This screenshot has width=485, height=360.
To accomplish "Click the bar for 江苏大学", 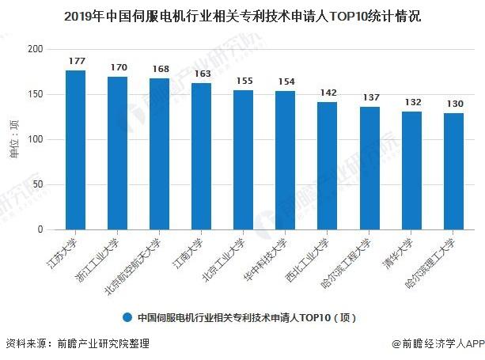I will tap(75, 150).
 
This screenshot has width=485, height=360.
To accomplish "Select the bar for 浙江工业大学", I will tap(117, 153).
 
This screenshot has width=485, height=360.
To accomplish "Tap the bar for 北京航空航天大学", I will tap(159, 154).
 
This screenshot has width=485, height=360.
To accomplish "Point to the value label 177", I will tap(76, 61).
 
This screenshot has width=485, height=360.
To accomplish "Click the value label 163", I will tap(202, 74).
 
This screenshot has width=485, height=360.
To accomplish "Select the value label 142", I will tap(328, 93).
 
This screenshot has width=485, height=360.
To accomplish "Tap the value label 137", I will tap(369, 97).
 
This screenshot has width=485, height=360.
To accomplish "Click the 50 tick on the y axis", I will tap(37, 185).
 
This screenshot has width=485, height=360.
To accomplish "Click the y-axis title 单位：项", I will tap(13, 139).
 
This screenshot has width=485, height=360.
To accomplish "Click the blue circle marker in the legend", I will tap(127, 317).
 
